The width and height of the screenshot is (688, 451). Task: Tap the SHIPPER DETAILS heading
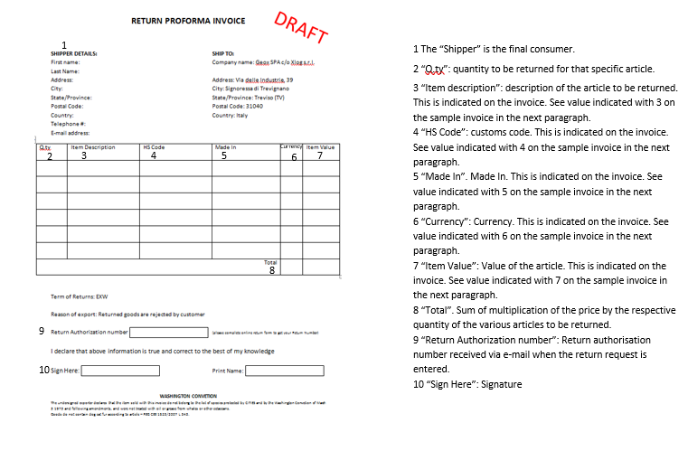click(x=74, y=53)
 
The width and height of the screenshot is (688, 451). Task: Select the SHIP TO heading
click(x=223, y=53)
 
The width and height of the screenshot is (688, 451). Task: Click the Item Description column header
click(x=93, y=147)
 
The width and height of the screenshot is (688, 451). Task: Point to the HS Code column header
click(x=154, y=147)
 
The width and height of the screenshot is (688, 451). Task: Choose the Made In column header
click(x=225, y=147)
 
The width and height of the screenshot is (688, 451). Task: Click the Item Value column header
click(x=320, y=147)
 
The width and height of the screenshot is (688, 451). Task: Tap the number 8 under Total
click(x=272, y=270)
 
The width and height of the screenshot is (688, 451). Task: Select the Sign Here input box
click(x=120, y=371)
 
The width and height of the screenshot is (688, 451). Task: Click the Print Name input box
click(x=284, y=371)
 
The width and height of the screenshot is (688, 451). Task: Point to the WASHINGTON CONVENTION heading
click(x=187, y=396)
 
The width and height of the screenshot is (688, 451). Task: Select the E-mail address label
click(x=70, y=133)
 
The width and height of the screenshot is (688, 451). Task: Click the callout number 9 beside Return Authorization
click(x=42, y=332)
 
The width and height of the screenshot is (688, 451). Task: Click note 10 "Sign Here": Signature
click(x=467, y=384)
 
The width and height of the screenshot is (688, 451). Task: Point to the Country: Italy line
click(x=230, y=115)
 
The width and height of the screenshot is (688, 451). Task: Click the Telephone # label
click(x=68, y=124)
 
